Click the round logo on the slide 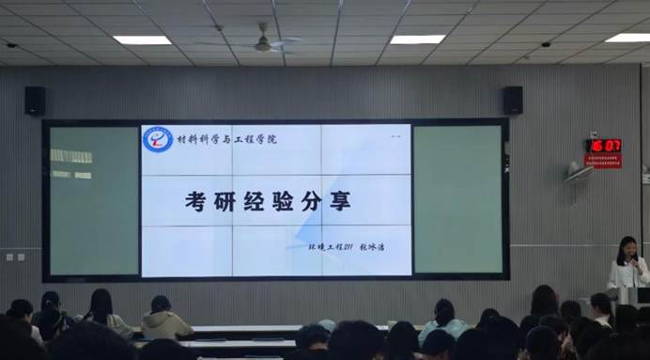click(157, 139)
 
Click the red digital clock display click(604, 146)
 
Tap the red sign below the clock click(603, 161)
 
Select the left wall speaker click(35, 101)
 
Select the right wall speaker click(512, 100)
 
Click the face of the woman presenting click(627, 249)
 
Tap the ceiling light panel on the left click(142, 39)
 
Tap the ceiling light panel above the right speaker click(417, 39)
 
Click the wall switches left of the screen click(14, 257)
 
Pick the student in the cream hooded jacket click(165, 321)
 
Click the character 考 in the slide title click(195, 200)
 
